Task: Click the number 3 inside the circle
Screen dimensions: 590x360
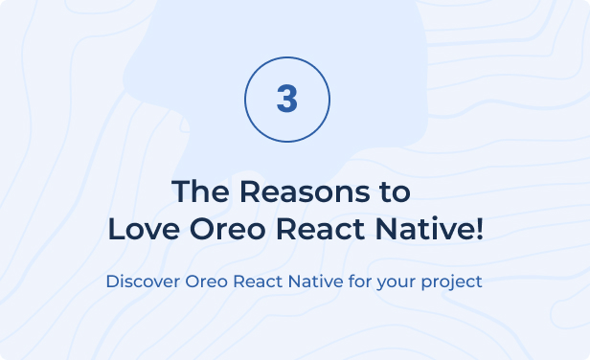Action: [287, 99]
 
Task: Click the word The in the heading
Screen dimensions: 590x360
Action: [200, 191]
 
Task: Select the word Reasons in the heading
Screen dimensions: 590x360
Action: [305, 191]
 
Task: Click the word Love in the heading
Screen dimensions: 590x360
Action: [144, 229]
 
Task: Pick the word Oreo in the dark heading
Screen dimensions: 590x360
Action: [228, 229]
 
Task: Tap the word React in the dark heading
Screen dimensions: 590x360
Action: [321, 229]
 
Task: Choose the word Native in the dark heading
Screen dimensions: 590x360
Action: [424, 228]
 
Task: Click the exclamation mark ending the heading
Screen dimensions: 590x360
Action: [479, 229]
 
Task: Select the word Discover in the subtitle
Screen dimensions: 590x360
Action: [143, 281]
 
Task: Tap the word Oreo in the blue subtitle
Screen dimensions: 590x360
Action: [206, 281]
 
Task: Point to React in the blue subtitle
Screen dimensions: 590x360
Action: [258, 281]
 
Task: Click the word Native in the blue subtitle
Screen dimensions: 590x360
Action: [316, 281]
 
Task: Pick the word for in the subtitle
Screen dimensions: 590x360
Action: [360, 281]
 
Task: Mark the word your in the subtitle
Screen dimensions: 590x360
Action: [397, 283]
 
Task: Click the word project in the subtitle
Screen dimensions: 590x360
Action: [451, 282]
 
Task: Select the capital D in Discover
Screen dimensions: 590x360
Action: [112, 281]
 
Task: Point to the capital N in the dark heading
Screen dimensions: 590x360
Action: [386, 229]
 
